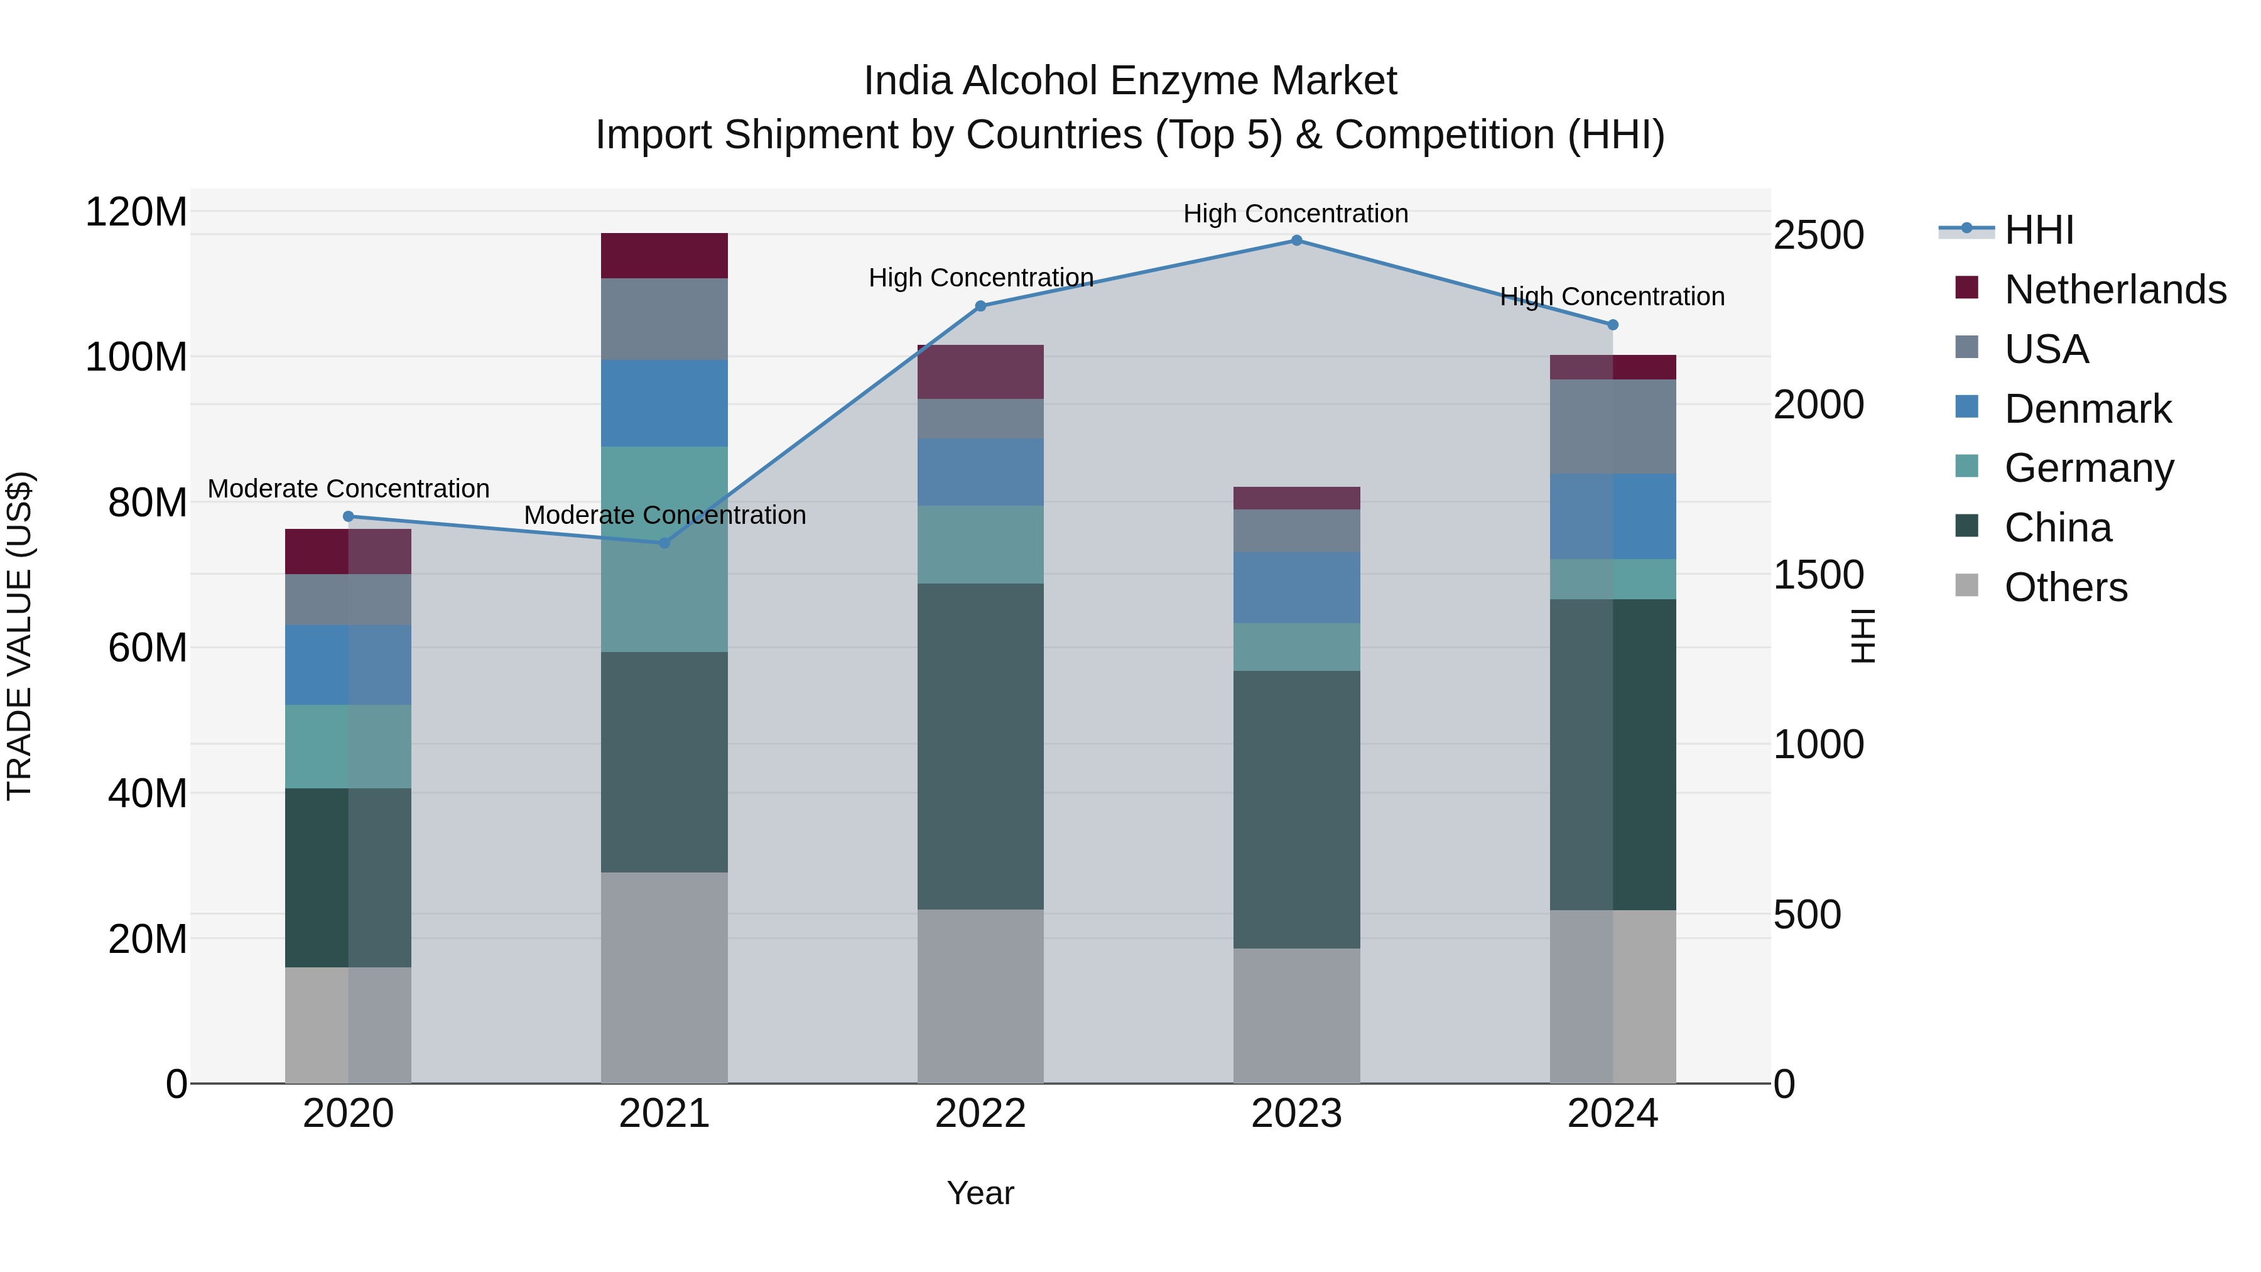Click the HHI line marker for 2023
pyautogui.click(x=1296, y=241)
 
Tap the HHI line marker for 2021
pyautogui.click(x=664, y=543)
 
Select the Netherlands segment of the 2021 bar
pyautogui.click(x=664, y=256)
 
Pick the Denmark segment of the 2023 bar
pyautogui.click(x=1296, y=587)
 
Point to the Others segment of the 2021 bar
pyautogui.click(x=664, y=977)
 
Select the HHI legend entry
pyautogui.click(x=2038, y=230)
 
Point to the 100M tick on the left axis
pyautogui.click(x=136, y=357)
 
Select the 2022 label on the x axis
pyautogui.click(x=980, y=1114)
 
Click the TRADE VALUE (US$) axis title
pyautogui.click(x=19, y=636)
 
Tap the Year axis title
pyautogui.click(x=980, y=1193)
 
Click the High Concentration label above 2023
pyautogui.click(x=1296, y=214)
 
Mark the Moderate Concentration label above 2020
pyautogui.click(x=349, y=488)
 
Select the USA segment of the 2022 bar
pyautogui.click(x=980, y=419)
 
